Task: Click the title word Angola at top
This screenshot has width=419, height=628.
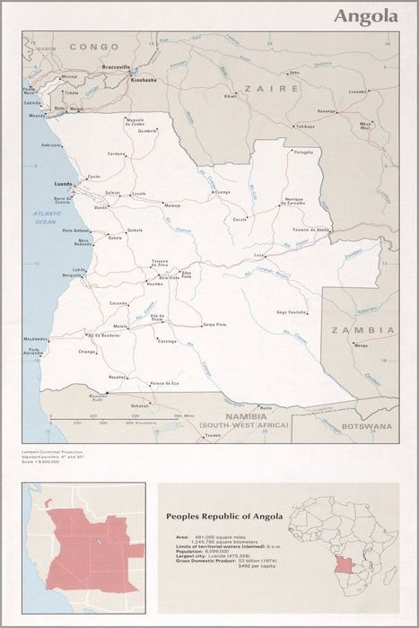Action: [x=366, y=16]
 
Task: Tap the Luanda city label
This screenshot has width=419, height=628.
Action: [x=64, y=183]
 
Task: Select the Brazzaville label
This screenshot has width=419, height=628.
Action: [x=116, y=67]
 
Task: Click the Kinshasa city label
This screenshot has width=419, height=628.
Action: [x=143, y=79]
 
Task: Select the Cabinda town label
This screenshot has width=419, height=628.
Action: [x=31, y=103]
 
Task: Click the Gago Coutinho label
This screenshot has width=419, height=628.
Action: [x=292, y=311]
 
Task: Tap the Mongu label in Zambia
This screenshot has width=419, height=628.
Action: [x=361, y=345]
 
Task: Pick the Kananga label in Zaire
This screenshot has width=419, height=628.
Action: [x=325, y=111]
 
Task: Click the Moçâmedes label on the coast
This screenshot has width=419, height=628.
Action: [x=35, y=339]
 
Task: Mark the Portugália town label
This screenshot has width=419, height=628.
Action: [x=302, y=152]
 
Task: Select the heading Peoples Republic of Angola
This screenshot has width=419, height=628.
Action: [x=224, y=516]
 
